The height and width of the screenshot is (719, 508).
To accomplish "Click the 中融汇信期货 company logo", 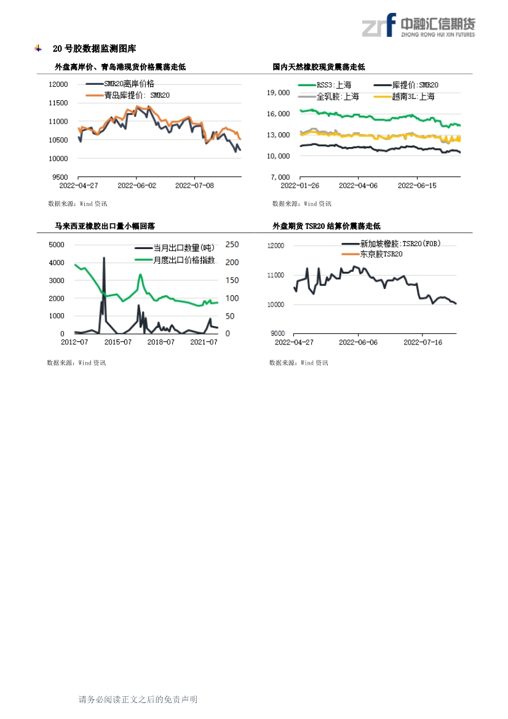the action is [419, 25].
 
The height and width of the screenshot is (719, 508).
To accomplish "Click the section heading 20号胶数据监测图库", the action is [95, 49].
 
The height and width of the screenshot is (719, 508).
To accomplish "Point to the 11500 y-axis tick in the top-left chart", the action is [58, 103].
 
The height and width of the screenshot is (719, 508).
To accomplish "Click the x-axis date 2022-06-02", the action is [137, 186].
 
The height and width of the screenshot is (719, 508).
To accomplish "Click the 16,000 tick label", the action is [279, 114].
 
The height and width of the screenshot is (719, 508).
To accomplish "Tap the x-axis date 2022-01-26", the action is [300, 186].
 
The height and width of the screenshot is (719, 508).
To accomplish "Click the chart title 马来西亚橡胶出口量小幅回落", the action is [105, 226].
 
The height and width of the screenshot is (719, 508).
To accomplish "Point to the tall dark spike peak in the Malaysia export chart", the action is [104, 258].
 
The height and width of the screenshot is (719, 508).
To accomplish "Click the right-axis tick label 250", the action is [232, 245].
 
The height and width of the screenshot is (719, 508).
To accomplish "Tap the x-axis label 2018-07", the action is [161, 342].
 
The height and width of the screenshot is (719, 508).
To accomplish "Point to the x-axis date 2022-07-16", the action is [423, 343].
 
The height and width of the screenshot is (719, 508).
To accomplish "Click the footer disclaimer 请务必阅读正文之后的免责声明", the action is [138, 699].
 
